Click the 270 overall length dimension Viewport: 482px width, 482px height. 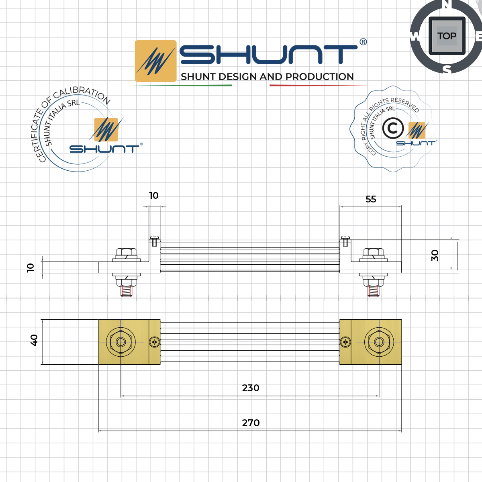click(251, 423)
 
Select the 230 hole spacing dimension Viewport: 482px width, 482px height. click(251, 388)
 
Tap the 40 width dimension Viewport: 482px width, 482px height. click(34, 340)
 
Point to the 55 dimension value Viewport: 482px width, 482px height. click(371, 199)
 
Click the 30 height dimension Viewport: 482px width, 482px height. click(435, 255)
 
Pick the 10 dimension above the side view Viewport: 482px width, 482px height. click(154, 196)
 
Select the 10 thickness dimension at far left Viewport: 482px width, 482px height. click(31, 268)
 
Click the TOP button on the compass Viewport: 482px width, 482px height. click(447, 36)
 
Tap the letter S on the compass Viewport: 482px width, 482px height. click(447, 69)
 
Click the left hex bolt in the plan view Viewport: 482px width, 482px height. click(120, 342)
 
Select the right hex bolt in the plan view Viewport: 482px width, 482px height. click(379, 342)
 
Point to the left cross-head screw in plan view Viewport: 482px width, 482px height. click(154, 342)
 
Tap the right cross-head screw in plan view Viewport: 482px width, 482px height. click(345, 342)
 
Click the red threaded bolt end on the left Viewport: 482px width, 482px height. click(127, 292)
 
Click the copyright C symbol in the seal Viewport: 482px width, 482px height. click(392, 129)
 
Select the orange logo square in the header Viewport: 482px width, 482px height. click(155, 61)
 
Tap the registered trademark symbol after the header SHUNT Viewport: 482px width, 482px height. click(363, 42)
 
